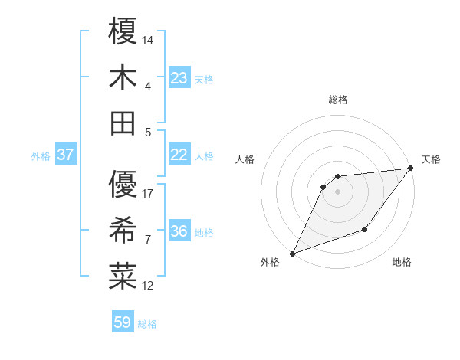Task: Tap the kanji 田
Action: pyautogui.click(x=123, y=123)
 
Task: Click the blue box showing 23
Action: pyautogui.click(x=179, y=77)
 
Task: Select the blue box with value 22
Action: pyautogui.click(x=179, y=155)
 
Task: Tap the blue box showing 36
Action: pyautogui.click(x=179, y=232)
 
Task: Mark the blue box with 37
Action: pyautogui.click(x=66, y=155)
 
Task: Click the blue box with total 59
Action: pyautogui.click(x=123, y=322)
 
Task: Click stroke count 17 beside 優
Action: pyautogui.click(x=149, y=193)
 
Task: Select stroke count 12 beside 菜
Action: pyautogui.click(x=149, y=286)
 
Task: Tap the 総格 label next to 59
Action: pyautogui.click(x=148, y=324)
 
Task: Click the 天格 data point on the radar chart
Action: pyautogui.click(x=410, y=169)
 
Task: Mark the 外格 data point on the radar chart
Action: pyautogui.click(x=292, y=254)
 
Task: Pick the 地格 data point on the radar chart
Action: pyautogui.click(x=365, y=229)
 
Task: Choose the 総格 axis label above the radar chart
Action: pyautogui.click(x=338, y=100)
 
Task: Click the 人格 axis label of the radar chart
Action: pyautogui.click(x=245, y=160)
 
